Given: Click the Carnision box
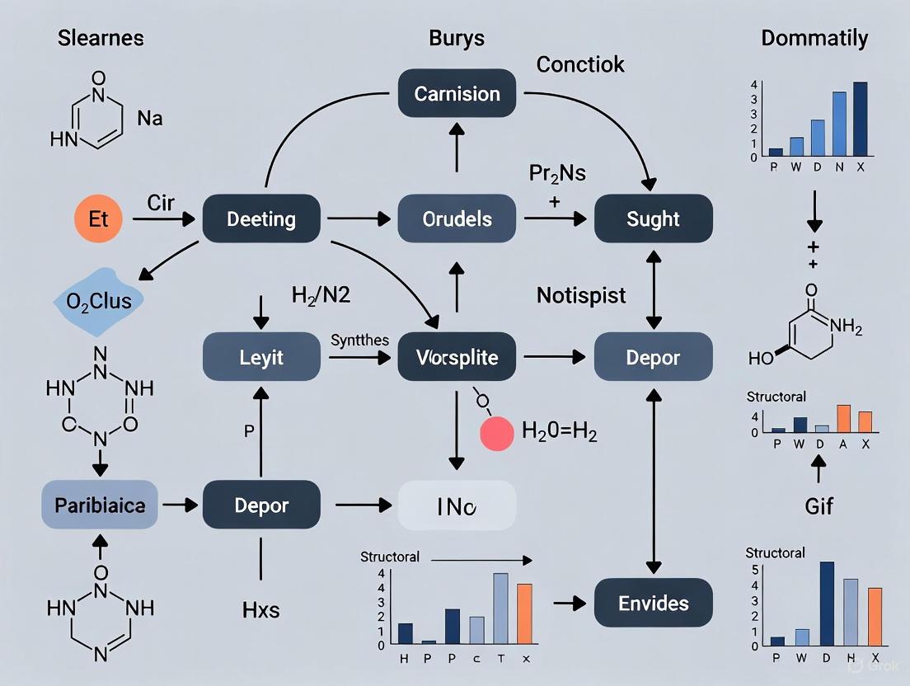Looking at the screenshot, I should (457, 94).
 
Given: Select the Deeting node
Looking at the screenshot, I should (261, 219).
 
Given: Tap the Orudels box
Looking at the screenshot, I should (457, 219).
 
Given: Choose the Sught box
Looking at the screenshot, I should (653, 219).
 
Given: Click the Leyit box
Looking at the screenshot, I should (261, 357).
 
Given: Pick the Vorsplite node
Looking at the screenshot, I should (457, 357).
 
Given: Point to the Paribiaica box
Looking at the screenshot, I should (99, 504).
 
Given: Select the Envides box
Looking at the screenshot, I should (653, 603).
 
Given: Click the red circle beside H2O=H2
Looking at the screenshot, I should (497, 431).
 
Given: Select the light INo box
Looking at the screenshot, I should (457, 505).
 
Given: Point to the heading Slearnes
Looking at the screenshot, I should (101, 38).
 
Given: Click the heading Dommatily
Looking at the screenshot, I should (814, 38).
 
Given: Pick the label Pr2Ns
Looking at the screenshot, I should (556, 173).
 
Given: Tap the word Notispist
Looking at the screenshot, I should (581, 294).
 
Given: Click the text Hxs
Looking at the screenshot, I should (260, 610).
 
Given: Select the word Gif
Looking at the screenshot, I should (818, 506).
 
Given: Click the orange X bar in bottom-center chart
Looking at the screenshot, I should (524, 613).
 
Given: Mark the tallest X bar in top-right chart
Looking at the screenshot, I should (861, 119).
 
